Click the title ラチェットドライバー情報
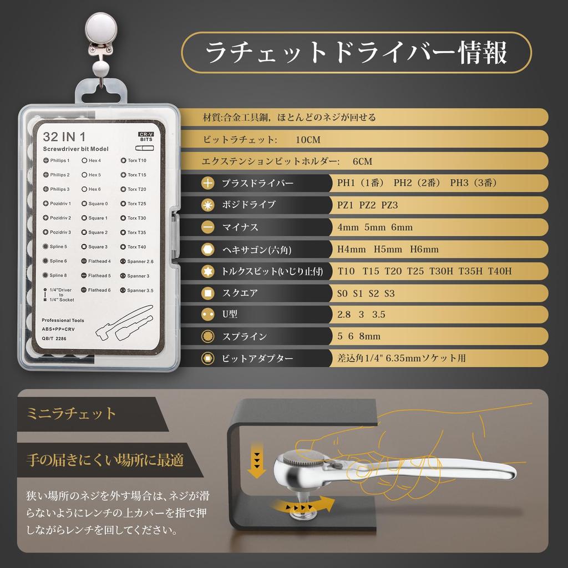[356, 53]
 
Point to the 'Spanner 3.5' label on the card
[137, 290]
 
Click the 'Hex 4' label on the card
[92, 160]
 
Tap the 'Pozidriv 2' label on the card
[57, 217]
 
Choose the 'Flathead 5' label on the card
[96, 275]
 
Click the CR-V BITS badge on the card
[146, 137]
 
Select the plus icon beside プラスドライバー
[208, 183]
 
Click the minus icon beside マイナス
[208, 227]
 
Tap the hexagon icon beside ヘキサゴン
[208, 249]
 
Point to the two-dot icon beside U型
[208, 314]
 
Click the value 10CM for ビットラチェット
[308, 140]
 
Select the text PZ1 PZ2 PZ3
[368, 205]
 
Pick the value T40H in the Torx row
[500, 271]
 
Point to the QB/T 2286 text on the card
[54, 338]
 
